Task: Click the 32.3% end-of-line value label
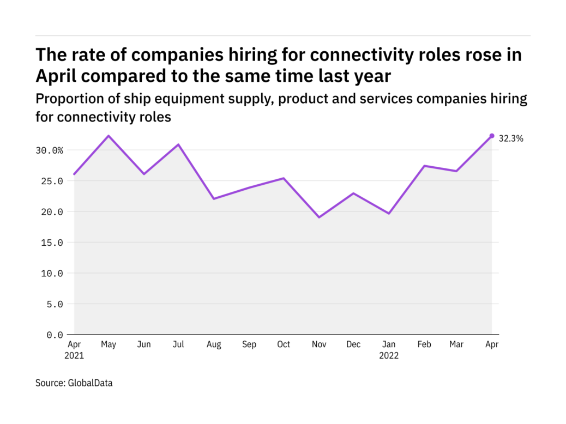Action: (511, 138)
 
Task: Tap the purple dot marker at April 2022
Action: (492, 136)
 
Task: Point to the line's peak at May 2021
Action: (109, 136)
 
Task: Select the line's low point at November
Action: (319, 217)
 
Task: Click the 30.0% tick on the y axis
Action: (50, 150)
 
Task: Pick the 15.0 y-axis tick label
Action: (52, 242)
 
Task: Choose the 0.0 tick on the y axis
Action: (55, 334)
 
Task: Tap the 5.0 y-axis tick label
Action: (55, 304)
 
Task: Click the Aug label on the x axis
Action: (214, 344)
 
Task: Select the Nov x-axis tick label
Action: (319, 344)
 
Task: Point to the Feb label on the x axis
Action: (424, 344)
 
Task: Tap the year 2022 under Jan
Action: (389, 356)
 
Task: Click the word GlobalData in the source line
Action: (90, 383)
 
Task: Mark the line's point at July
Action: (179, 144)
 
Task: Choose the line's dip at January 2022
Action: (389, 213)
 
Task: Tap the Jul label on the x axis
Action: (179, 344)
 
